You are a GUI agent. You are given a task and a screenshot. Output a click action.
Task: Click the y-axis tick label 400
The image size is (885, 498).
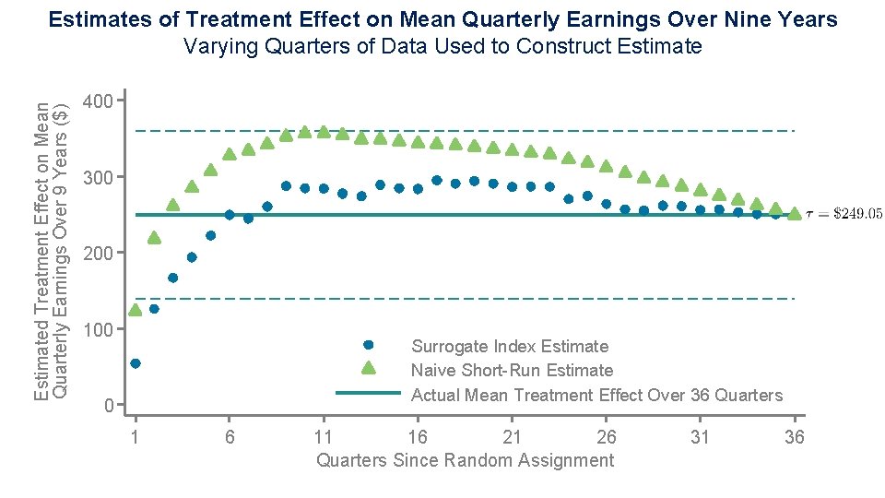pyautogui.click(x=97, y=100)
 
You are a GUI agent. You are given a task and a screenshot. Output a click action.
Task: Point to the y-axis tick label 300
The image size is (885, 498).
pyautogui.click(x=97, y=176)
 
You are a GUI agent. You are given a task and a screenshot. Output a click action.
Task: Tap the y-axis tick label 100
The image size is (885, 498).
pyautogui.click(x=97, y=329)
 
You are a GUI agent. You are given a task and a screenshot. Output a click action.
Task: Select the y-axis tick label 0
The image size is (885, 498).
pyautogui.click(x=108, y=406)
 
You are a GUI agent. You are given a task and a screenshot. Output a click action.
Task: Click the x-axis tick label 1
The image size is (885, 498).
pyautogui.click(x=136, y=437)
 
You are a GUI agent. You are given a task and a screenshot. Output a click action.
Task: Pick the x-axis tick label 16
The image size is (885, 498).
pyautogui.click(x=418, y=437)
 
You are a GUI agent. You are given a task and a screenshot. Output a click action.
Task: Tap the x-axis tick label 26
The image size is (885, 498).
pyautogui.click(x=606, y=437)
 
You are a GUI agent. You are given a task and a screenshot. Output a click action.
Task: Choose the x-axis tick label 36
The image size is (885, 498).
pyautogui.click(x=794, y=437)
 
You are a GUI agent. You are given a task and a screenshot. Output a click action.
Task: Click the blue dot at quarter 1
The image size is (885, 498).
pyautogui.click(x=136, y=363)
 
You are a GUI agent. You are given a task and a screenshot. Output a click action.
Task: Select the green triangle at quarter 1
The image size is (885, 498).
pyautogui.click(x=136, y=310)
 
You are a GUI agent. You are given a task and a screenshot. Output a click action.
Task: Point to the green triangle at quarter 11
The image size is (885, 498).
pyautogui.click(x=324, y=132)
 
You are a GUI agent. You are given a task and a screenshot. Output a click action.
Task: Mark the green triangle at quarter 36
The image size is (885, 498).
pyautogui.click(x=794, y=214)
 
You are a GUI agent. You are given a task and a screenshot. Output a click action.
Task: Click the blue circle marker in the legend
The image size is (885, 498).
pyautogui.click(x=368, y=345)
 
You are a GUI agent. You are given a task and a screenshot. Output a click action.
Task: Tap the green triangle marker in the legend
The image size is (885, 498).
pyautogui.click(x=368, y=369)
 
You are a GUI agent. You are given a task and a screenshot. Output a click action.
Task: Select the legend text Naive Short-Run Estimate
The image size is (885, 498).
pyautogui.click(x=512, y=371)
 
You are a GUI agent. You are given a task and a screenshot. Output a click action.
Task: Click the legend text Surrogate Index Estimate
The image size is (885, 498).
pyautogui.click(x=510, y=347)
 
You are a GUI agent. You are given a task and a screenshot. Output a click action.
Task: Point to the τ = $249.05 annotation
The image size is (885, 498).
pyautogui.click(x=844, y=214)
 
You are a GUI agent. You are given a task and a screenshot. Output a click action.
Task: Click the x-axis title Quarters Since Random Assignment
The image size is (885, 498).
pyautogui.click(x=465, y=460)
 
